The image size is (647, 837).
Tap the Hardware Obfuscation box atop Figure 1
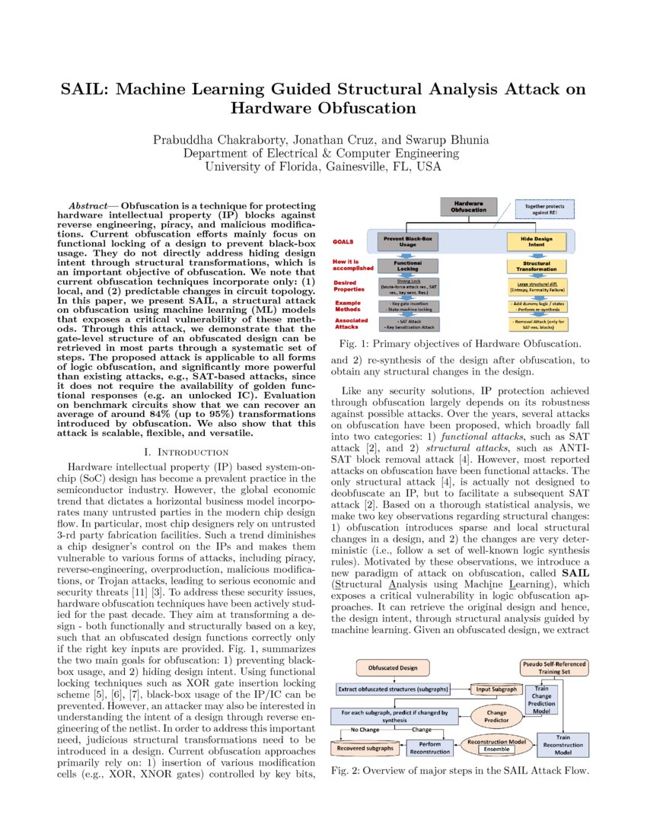[469, 206]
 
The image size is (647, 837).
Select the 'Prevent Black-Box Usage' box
[410, 242]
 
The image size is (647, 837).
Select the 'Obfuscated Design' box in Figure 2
[394, 667]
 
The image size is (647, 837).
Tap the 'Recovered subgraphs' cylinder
[366, 748]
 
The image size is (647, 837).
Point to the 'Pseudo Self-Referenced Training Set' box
[553, 667]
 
